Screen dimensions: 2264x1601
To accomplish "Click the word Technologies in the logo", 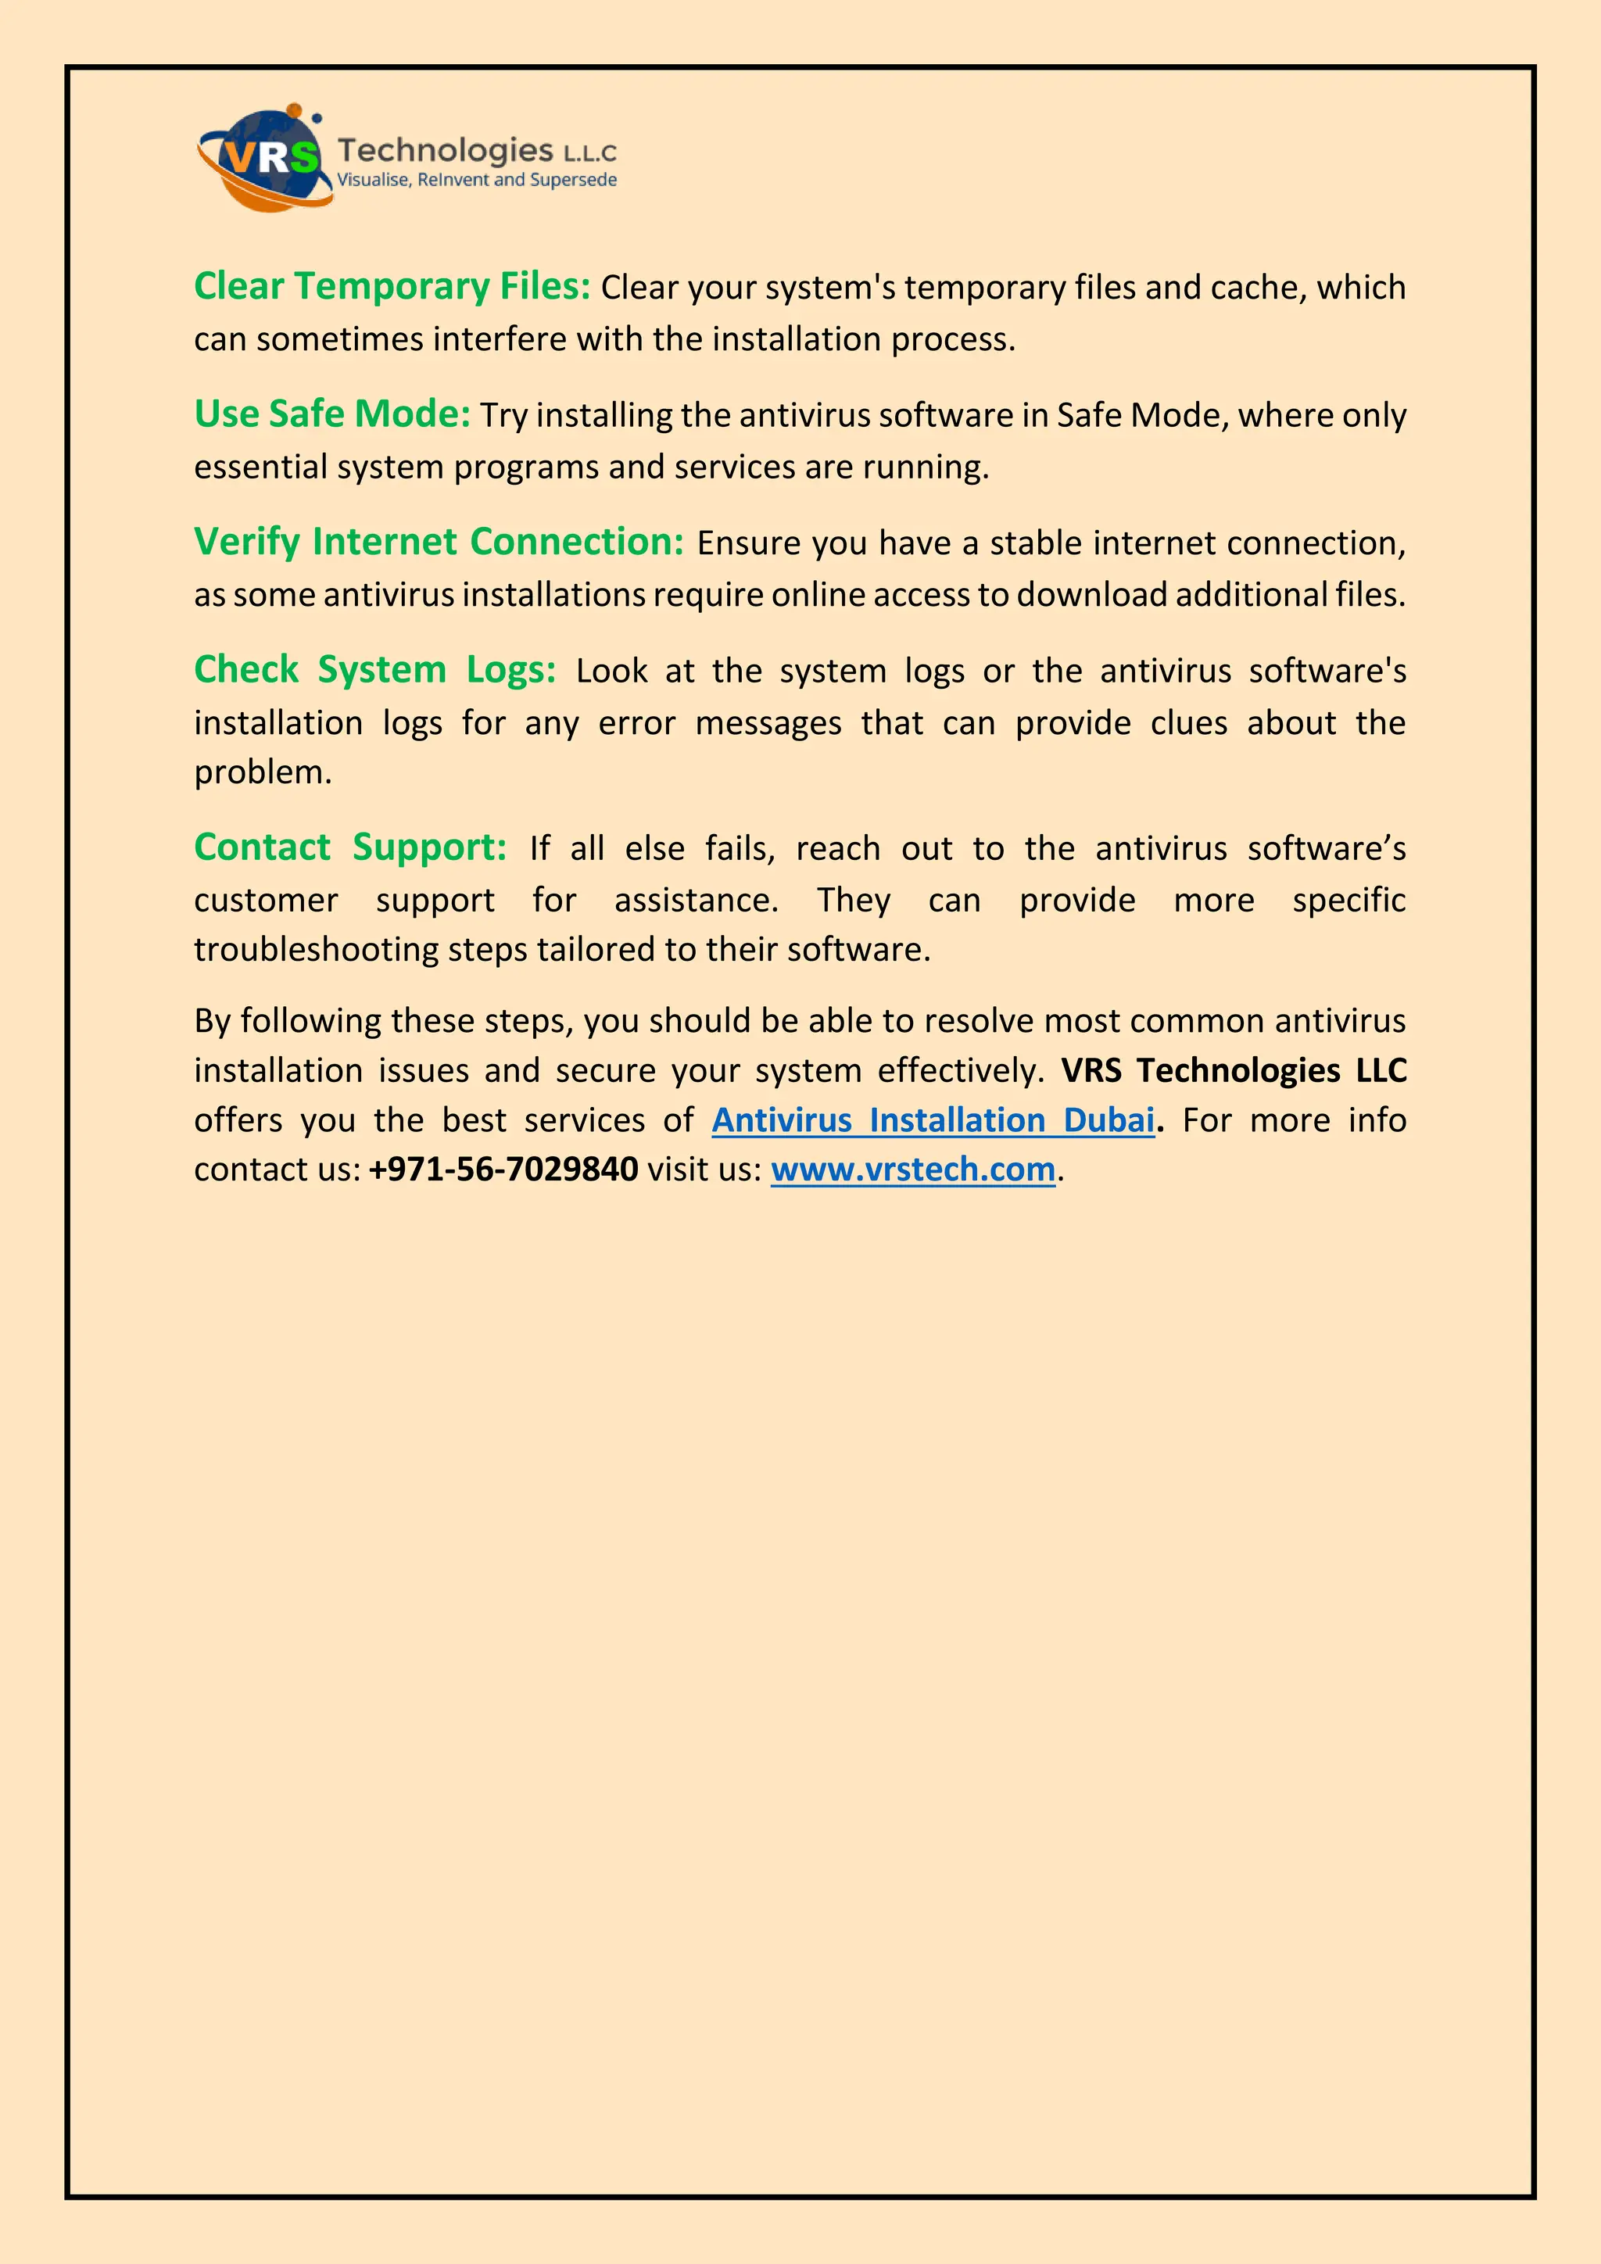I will [x=445, y=150].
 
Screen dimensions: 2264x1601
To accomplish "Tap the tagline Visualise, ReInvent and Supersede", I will [x=477, y=180].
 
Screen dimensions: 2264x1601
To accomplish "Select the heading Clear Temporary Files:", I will [x=392, y=286].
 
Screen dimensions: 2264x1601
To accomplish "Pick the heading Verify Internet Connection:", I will [x=439, y=541].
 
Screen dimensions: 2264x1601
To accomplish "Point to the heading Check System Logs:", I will [x=374, y=669].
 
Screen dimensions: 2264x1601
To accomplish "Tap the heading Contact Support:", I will [x=350, y=847].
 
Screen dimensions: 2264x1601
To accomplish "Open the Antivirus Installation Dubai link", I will [x=933, y=1120].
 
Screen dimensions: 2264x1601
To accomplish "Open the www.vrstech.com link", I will [x=913, y=1170].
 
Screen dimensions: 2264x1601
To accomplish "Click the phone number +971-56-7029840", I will [x=503, y=1170].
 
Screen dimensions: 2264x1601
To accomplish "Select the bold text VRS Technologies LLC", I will [x=1234, y=1070].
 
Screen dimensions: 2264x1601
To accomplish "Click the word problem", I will [x=262, y=772].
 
